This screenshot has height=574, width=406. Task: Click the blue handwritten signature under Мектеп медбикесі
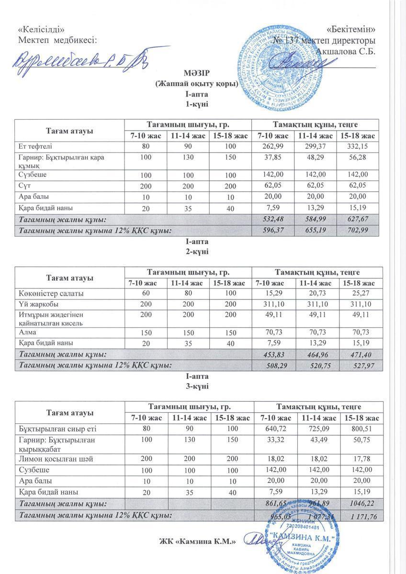click(x=77, y=60)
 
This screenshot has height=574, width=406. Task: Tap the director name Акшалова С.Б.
click(x=346, y=52)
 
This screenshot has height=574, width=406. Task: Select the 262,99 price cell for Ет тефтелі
click(x=272, y=146)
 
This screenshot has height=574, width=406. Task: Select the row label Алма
click(x=28, y=332)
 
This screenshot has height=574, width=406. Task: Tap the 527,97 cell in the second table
click(x=360, y=366)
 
